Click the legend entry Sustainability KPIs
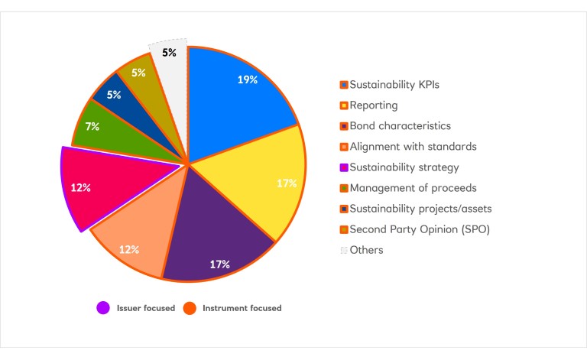[394, 85]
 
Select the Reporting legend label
[373, 105]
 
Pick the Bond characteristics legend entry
[400, 126]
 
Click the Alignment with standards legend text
[413, 147]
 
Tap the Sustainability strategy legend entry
[404, 167]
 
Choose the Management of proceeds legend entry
[413, 188]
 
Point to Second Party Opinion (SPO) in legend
[420, 229]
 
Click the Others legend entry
[366, 250]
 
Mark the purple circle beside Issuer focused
[102, 308]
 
